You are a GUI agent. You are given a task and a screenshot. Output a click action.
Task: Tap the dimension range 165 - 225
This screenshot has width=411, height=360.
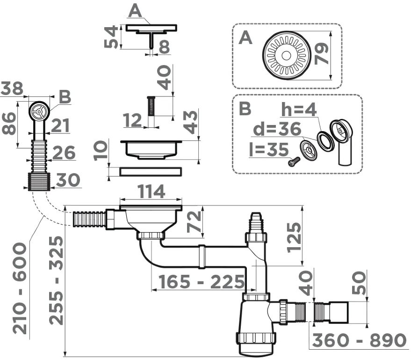coord(202,282)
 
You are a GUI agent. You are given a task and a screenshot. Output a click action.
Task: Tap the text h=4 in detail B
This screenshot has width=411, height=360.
coord(299,110)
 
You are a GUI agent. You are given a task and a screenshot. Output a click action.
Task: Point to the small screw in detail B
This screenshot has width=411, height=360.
coord(293,162)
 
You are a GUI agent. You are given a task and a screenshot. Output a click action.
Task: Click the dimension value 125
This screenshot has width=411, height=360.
coord(294,237)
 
